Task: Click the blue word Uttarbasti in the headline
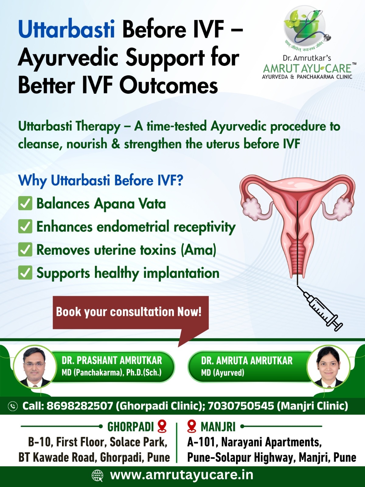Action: coord(67,29)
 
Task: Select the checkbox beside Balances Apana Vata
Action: coord(25,203)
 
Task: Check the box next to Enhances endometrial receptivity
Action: coord(25,226)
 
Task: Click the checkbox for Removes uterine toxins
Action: coord(25,249)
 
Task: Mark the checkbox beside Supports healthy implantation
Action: coord(25,272)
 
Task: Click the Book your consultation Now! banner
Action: coord(130,313)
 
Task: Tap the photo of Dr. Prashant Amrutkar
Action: coord(35,370)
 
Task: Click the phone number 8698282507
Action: coord(80,406)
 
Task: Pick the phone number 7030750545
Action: coord(241,406)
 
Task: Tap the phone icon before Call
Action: coord(13,406)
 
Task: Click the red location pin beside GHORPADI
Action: coord(162,426)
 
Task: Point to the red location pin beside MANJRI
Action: coord(192,426)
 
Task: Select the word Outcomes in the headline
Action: coord(169,85)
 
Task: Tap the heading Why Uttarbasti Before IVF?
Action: coord(101,180)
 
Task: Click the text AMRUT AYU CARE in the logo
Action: coord(307,68)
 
